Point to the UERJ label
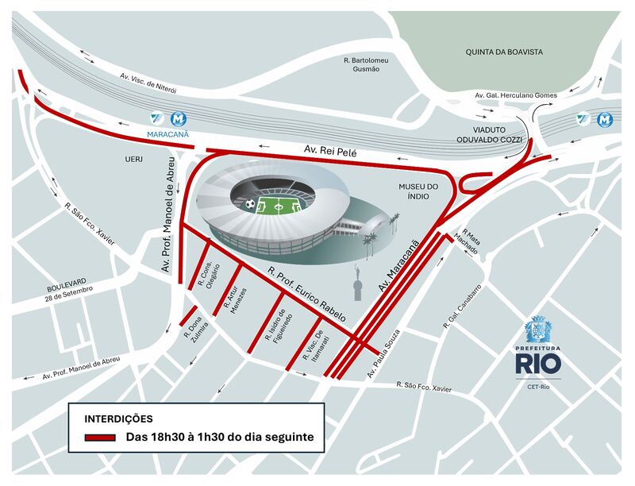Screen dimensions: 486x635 pyautogui.click(x=133, y=159)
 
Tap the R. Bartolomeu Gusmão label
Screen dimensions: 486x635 pyautogui.click(x=366, y=64)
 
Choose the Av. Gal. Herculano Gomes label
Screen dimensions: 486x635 pyautogui.click(x=515, y=95)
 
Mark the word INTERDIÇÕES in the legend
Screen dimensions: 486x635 pyautogui.click(x=118, y=418)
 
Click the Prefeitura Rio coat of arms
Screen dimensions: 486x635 pyautogui.click(x=537, y=328)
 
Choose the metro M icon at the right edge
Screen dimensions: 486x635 pyautogui.click(x=605, y=119)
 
